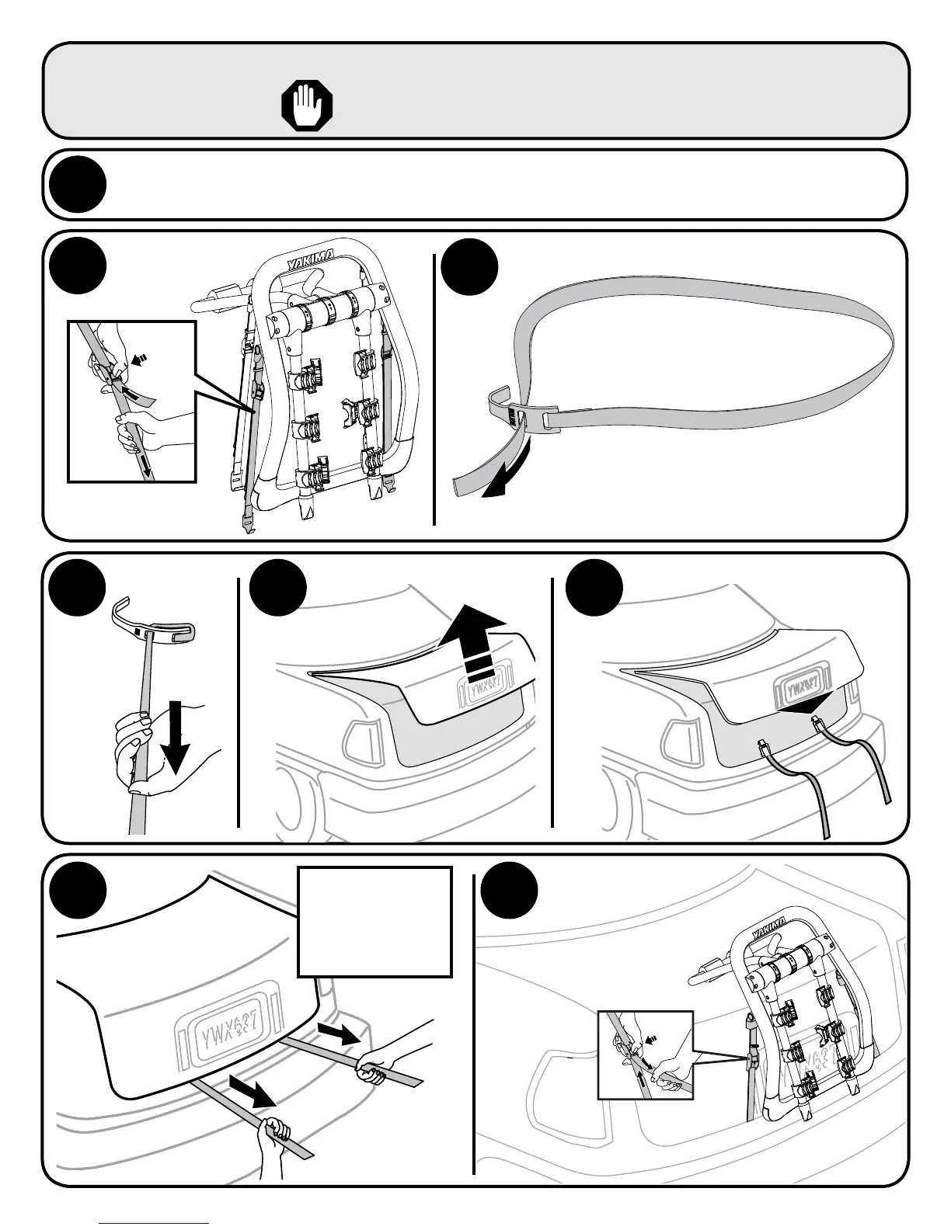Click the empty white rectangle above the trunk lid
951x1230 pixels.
(374, 921)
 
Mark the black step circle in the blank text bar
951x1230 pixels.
(77, 185)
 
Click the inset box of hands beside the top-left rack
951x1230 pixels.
(131, 401)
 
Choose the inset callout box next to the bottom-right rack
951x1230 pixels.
(644, 1055)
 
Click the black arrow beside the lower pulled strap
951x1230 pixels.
(252, 1093)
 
